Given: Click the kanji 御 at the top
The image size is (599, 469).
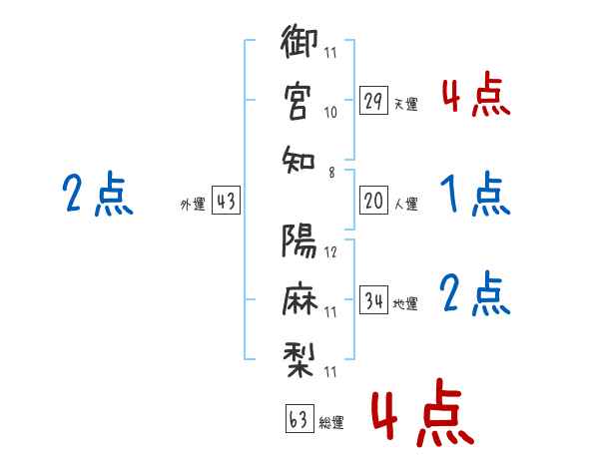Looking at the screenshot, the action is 299,41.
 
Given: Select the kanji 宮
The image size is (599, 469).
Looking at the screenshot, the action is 298,102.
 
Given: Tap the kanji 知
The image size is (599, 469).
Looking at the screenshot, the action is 299,160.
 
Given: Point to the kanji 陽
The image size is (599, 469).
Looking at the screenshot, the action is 299,240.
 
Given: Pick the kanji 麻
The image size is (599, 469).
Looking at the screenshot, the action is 299,298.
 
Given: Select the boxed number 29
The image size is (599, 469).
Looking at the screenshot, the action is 373,100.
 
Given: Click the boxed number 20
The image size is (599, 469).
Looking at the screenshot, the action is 373,201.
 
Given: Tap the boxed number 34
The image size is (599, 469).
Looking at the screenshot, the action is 373,299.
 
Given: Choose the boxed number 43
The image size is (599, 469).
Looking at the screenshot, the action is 226,201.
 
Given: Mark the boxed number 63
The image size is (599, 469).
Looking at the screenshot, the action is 299,418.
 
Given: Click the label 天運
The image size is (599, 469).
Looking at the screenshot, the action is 406,104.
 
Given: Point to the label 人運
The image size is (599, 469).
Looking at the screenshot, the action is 406,204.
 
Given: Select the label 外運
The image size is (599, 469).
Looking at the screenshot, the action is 193,205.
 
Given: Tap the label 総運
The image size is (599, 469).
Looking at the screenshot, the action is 331,422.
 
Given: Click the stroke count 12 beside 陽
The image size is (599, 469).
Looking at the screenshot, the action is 330,252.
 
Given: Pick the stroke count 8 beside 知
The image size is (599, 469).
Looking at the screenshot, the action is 331,173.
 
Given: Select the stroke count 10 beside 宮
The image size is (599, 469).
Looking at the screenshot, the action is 330,113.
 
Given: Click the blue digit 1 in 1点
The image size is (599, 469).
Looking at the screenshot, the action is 449,194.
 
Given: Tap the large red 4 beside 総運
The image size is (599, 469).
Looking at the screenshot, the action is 384,416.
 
